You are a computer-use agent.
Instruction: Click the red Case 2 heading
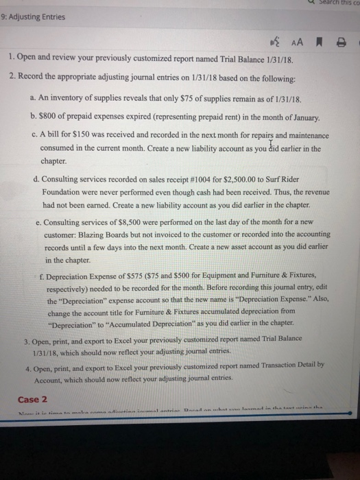28,400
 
